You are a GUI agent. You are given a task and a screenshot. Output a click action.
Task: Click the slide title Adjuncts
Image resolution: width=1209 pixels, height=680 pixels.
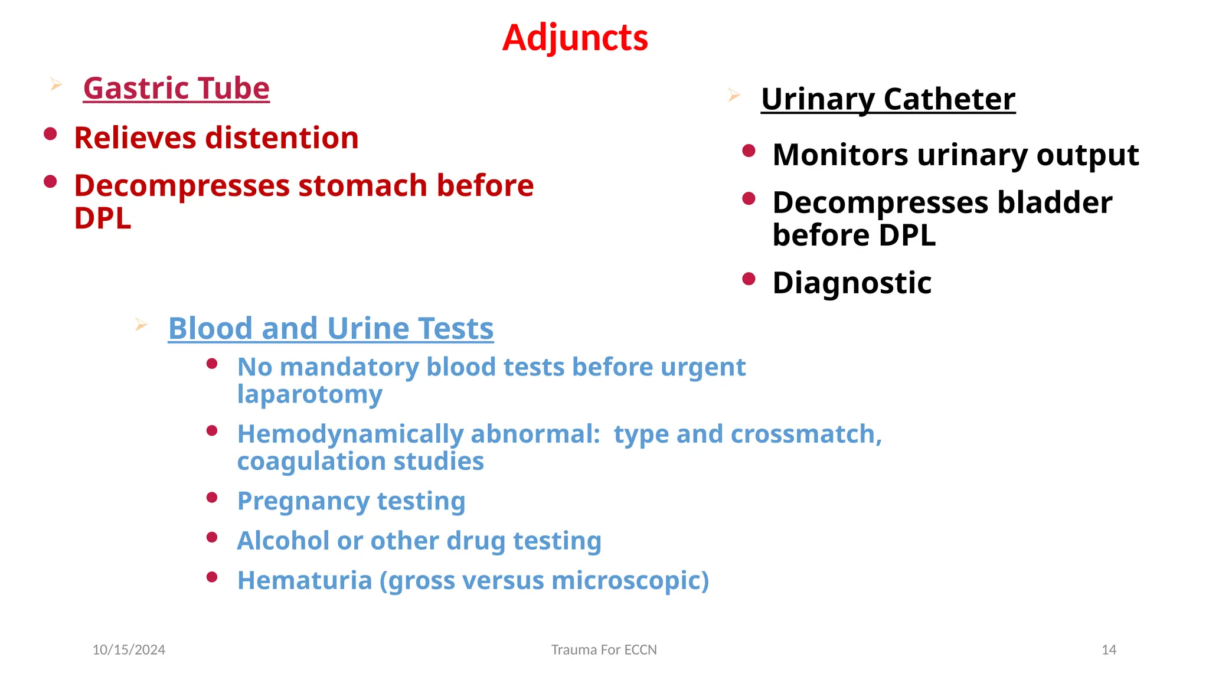575,38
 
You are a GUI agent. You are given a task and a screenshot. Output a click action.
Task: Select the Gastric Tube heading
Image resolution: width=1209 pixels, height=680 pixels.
176,89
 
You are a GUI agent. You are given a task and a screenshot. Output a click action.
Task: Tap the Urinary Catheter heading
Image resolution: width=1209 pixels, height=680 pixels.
888,99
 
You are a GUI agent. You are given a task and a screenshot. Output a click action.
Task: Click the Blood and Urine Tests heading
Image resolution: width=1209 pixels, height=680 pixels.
331,328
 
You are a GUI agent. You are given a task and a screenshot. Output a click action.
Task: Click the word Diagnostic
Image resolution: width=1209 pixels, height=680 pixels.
852,283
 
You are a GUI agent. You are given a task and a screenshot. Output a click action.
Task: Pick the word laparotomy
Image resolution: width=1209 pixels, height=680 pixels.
309,394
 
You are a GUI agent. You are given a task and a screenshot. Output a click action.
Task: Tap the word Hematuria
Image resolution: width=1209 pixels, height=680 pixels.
304,580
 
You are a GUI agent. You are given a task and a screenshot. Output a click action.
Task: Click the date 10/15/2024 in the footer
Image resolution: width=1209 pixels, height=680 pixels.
129,650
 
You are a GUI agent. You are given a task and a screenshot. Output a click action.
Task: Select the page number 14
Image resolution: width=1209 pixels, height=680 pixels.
1109,650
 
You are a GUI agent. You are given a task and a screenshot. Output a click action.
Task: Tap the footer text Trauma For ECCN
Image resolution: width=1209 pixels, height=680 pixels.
604,650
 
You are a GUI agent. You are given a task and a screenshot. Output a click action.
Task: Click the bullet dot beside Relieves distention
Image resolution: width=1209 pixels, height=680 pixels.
50,134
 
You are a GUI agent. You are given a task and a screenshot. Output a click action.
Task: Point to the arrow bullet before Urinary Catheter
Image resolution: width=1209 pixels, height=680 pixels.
734,95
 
